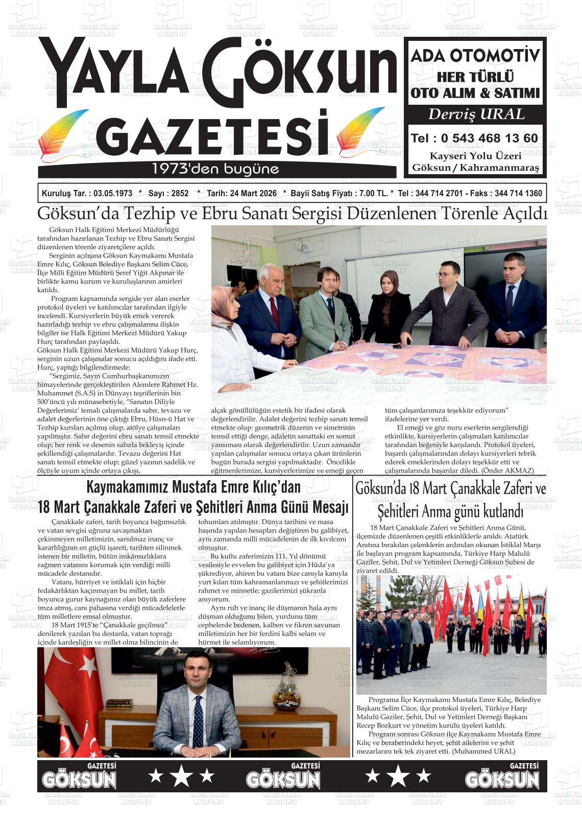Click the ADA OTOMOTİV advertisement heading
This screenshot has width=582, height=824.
click(x=475, y=56)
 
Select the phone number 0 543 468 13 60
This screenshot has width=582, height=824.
click(x=489, y=138)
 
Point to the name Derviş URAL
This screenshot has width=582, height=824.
click(x=476, y=114)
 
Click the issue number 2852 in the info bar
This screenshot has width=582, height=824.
click(x=180, y=194)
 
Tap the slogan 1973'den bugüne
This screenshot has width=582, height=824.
click(x=215, y=168)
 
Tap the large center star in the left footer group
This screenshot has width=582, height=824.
click(x=181, y=776)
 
